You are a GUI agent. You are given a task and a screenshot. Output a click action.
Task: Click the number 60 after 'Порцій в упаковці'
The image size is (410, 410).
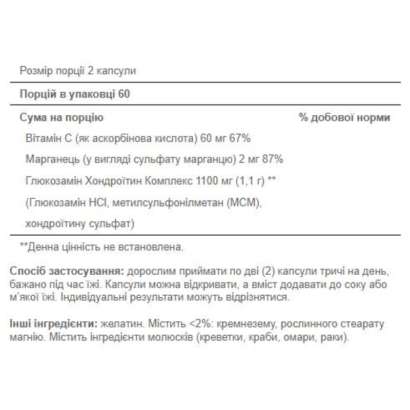coord(124,94)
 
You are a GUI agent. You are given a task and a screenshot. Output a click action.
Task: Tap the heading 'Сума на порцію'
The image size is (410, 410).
coord(61,118)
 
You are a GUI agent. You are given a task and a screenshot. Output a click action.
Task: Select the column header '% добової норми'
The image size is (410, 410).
coord(344,118)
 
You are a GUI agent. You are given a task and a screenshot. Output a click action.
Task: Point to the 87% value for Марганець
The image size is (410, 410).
coord(272,160)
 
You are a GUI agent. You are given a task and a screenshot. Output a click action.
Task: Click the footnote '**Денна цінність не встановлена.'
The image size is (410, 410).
coord(101,248)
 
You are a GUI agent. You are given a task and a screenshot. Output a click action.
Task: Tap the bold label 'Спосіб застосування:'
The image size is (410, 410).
coord(67,271)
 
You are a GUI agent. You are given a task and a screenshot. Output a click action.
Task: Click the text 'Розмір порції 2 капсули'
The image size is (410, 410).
coord(78,71)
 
